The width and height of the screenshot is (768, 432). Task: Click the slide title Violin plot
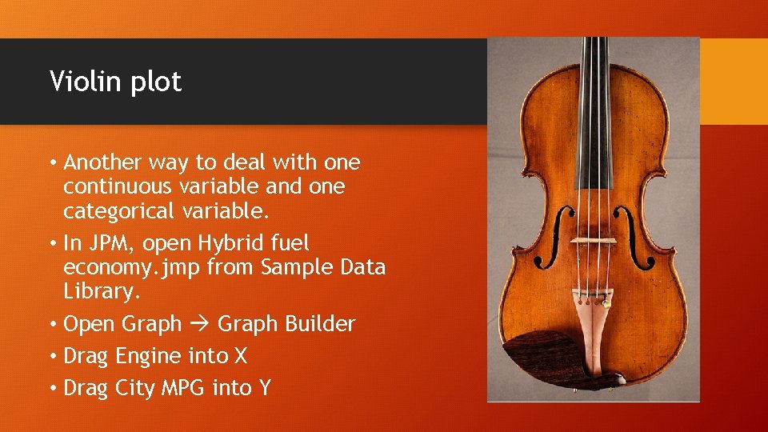pyautogui.click(x=115, y=82)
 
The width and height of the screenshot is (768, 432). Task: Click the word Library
pyautogui.click(x=102, y=291)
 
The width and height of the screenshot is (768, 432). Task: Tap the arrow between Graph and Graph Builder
pyautogui.click(x=200, y=324)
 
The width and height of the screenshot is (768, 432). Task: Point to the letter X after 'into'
pyautogui.click(x=239, y=355)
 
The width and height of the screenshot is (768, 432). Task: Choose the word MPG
pyautogui.click(x=182, y=388)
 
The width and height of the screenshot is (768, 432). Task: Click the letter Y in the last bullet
pyautogui.click(x=265, y=388)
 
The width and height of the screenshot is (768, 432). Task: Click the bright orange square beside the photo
pyautogui.click(x=734, y=81)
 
